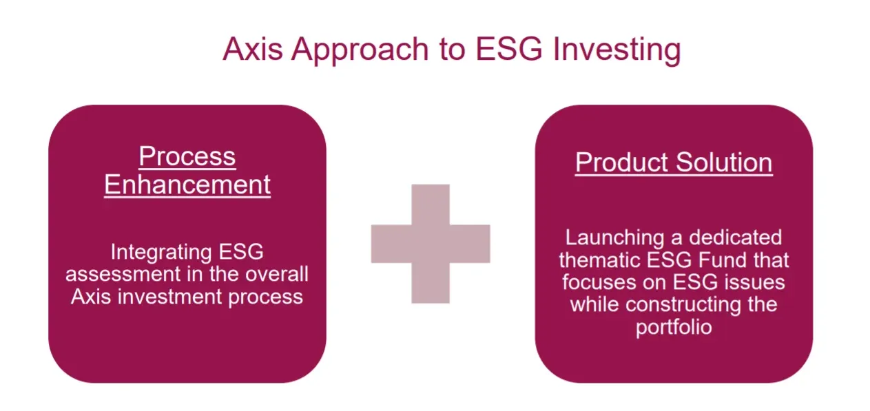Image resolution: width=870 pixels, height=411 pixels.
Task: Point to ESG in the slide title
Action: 504,50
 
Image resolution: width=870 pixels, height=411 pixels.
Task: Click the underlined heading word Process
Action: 187,157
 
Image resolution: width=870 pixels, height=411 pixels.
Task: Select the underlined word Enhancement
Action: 187,185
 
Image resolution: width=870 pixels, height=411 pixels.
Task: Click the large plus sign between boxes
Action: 431,244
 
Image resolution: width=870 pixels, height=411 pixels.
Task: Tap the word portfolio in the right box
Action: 674,327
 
